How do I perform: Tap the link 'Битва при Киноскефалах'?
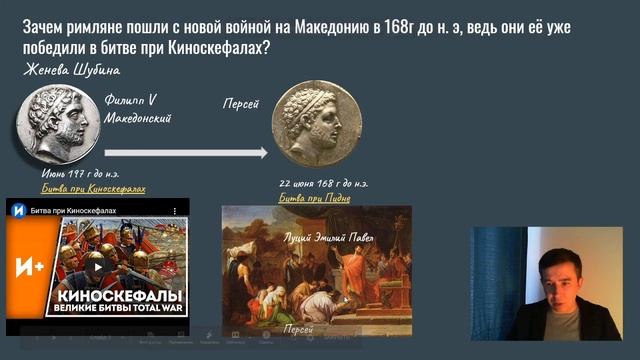coord(93,188)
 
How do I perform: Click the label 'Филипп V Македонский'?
coord(138,109)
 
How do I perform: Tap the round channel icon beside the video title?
coord(17,211)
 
